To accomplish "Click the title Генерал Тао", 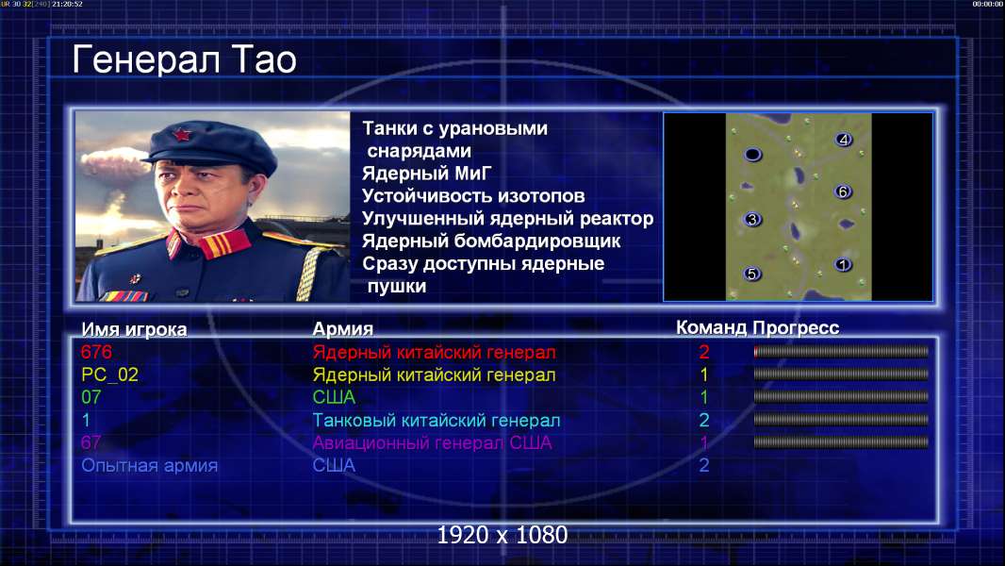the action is pos(184,59).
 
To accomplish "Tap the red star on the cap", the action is pos(182,134).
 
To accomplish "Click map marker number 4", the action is pos(844,139).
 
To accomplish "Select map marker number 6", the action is pos(843,191).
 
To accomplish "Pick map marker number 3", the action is pos(752,219).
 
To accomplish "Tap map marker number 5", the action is pos(751,274).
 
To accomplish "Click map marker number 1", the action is pos(843,264).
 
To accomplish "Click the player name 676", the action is pos(96,352).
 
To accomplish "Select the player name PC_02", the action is pos(109,375).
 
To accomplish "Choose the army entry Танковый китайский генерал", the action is pos(436,421).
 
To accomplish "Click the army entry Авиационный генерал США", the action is pos(432,443).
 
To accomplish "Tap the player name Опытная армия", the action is pos(149,465).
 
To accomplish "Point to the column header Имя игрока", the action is pos(134,329).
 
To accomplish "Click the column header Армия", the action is pos(342,329).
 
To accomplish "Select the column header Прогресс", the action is pos(796,327).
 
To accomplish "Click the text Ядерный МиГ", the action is pos(427,173).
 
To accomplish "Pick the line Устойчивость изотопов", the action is pos(473,195).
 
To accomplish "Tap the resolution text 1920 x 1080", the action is pos(502,535).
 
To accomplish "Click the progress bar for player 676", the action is pos(841,351).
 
